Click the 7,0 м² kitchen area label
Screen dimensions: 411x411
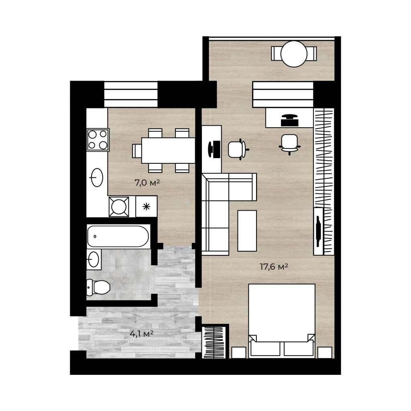[x=147, y=183]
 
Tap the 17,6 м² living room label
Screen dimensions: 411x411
[x=274, y=267]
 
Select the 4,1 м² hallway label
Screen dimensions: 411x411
[x=142, y=334]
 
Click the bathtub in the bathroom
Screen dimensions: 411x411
[x=118, y=236]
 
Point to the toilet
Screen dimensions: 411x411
[x=98, y=287]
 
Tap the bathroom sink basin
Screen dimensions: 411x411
[x=94, y=260]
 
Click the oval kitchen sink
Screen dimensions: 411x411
[x=97, y=177]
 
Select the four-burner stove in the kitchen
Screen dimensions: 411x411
[x=98, y=139]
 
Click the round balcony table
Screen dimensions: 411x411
[x=294, y=54]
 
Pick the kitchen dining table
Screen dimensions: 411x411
[x=168, y=151]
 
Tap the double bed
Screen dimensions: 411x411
[x=282, y=321]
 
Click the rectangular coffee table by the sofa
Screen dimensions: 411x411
[x=247, y=231]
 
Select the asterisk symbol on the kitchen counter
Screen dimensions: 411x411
[x=146, y=207]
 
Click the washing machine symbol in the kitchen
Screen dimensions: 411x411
[x=119, y=207]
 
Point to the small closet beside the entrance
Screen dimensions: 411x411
[x=214, y=342]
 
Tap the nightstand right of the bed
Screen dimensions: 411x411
[x=325, y=352]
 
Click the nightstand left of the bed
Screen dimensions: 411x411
[x=239, y=352]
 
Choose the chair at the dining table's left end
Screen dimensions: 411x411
[x=137, y=151]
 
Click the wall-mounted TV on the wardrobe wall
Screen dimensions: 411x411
[x=318, y=231]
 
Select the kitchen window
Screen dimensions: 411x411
[x=131, y=94]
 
